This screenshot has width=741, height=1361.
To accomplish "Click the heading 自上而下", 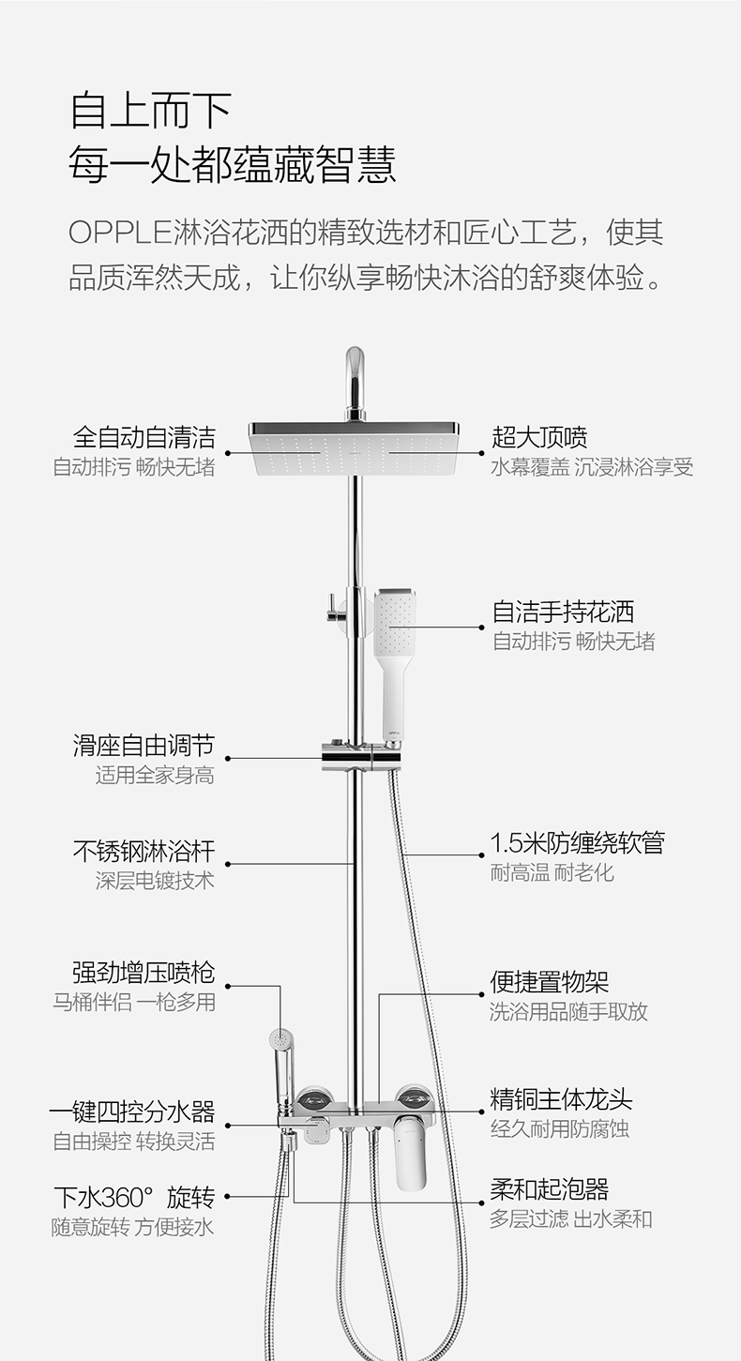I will [x=151, y=110].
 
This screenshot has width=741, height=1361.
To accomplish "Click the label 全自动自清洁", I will [x=144, y=437].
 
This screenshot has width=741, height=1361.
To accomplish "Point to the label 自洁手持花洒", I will [x=563, y=612].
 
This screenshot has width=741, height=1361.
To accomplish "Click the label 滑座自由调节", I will [x=144, y=746].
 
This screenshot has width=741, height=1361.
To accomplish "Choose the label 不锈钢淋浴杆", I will [x=144, y=852].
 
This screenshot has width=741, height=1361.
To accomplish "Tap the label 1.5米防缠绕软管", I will [x=577, y=842].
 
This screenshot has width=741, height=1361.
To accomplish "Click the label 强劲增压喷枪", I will [x=144, y=973].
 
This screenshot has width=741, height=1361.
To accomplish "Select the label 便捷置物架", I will [x=550, y=982].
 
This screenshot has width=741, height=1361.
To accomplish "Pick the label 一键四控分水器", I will [x=132, y=1112].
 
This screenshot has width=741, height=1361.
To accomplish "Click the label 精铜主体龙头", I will [x=561, y=1098].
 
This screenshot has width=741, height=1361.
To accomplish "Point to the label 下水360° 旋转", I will [x=134, y=1198].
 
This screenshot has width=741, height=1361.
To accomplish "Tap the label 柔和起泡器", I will [x=550, y=1189].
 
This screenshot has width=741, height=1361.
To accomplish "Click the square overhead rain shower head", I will [x=354, y=448].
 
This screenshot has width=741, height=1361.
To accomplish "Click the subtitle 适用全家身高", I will [x=155, y=776].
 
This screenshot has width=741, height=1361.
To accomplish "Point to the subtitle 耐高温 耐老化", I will [x=552, y=872].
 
